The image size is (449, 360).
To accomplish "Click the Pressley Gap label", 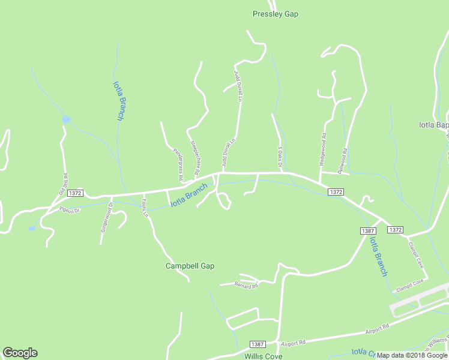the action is (x=276, y=14).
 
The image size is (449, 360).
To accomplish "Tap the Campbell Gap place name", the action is (x=190, y=266).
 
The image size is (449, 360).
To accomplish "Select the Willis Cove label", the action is (x=263, y=356).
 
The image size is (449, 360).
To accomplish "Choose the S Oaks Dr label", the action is (x=280, y=158).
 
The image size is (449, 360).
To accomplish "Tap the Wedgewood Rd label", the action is (x=322, y=149).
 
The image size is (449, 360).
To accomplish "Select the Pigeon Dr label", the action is (x=70, y=210).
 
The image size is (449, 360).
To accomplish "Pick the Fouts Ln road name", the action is (x=144, y=207).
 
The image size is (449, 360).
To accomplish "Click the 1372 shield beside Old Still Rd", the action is (x=75, y=193).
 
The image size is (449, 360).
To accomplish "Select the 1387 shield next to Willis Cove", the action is (x=257, y=344).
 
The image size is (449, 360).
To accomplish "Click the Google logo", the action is (x=20, y=353).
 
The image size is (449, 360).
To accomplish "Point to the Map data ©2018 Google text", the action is (x=412, y=355).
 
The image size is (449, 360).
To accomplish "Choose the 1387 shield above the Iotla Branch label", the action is (x=368, y=231).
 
